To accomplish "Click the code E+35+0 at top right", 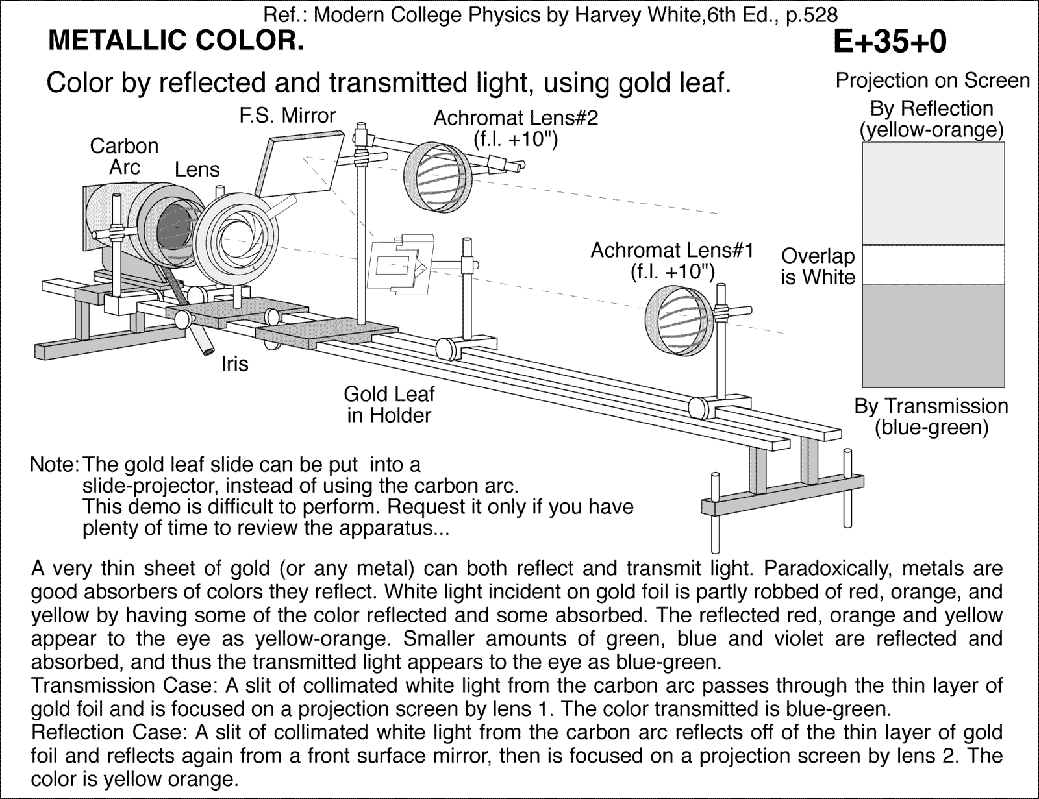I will tap(889, 42).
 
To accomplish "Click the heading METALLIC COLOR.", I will tap(175, 41).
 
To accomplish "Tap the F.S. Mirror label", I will tap(287, 116).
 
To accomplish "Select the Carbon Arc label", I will tap(124, 156).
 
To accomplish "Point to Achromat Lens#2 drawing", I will tap(434, 175).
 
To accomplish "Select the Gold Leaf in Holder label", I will tap(388, 404).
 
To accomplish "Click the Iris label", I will tap(234, 364).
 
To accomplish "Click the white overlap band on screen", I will tap(933, 265).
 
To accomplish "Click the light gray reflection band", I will tap(933, 193).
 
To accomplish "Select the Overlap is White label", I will tap(818, 266).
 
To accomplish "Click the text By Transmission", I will tap(931, 406).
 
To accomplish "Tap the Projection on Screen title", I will tap(932, 80).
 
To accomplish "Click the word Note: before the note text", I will tap(55, 465).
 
